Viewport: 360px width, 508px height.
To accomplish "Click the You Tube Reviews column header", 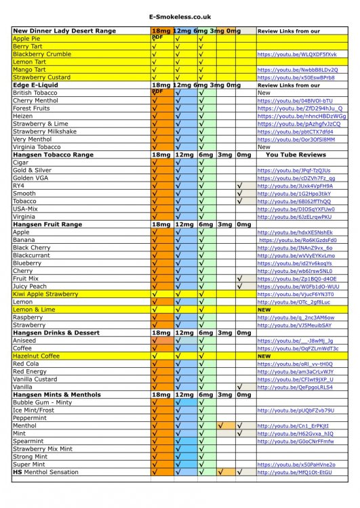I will click(296, 154).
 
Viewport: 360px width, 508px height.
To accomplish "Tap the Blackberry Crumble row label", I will click(42, 54).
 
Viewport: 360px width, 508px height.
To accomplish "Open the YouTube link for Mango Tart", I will click(297, 70).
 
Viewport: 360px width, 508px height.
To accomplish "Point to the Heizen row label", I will click(23, 116).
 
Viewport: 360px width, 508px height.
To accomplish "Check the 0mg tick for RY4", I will click(240, 186).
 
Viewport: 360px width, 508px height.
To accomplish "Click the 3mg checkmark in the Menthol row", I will click(221, 425).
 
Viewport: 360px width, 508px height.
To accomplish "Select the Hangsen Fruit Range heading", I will click(57, 224).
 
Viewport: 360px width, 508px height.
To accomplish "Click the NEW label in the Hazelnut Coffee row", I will click(264, 356).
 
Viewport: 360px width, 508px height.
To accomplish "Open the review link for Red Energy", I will click(296, 372).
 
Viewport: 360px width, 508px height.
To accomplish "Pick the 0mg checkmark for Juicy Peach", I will click(240, 287).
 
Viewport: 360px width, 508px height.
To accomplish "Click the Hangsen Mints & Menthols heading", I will click(66, 395).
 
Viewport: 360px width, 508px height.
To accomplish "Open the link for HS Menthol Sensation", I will click(296, 472).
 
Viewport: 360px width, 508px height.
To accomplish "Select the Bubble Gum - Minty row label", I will click(42, 402).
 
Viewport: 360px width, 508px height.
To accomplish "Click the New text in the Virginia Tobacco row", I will click(264, 147).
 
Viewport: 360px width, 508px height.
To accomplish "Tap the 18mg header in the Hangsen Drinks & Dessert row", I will click(161, 333).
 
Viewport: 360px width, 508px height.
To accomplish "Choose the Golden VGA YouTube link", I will click(296, 178).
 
